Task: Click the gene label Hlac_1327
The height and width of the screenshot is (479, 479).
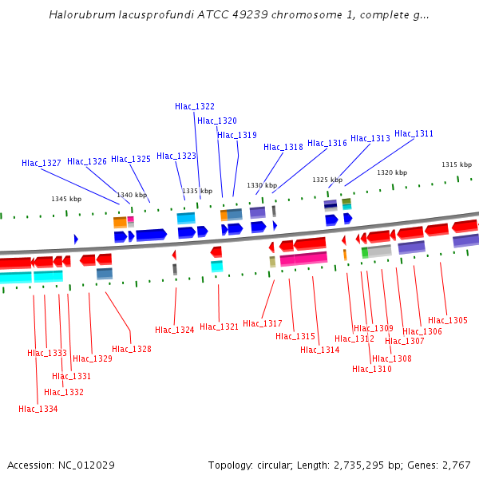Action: [42, 163]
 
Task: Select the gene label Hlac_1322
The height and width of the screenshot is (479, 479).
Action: [195, 106]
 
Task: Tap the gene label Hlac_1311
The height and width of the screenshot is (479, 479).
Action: [414, 134]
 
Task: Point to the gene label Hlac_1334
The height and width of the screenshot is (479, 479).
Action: [38, 409]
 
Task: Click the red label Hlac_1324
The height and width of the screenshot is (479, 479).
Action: [175, 330]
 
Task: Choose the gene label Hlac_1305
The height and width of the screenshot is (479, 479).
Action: [448, 320]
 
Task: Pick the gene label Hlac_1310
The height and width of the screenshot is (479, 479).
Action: [372, 369]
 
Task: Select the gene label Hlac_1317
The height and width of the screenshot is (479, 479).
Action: [263, 323]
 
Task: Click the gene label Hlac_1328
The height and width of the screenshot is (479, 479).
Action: [132, 349]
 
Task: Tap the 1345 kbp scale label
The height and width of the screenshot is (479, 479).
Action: [66, 199]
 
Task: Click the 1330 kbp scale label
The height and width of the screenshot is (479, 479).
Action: [261, 185]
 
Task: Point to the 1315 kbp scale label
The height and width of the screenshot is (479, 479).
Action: [457, 164]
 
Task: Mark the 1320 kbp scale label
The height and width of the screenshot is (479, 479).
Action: [392, 172]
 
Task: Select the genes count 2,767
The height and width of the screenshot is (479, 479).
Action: [454, 465]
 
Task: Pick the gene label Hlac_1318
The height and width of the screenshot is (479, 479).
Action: [283, 147]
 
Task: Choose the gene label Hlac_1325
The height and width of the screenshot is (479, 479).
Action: [131, 159]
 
